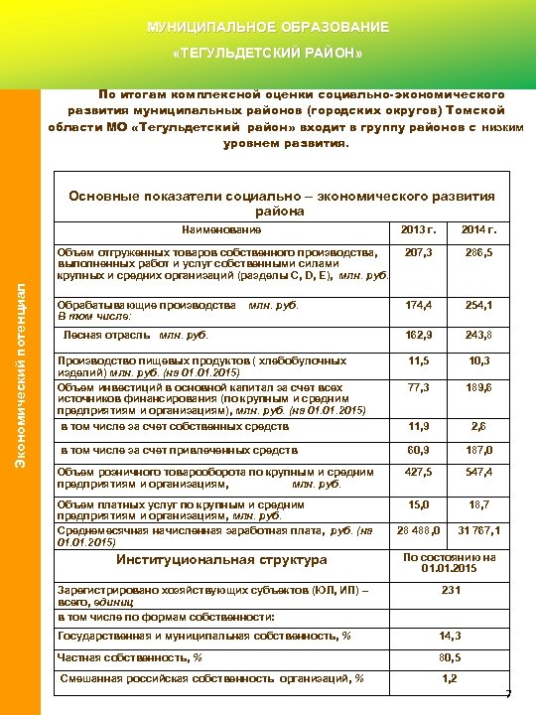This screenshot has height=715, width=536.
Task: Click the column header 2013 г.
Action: coord(418,231)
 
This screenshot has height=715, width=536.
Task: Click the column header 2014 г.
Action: coord(477,231)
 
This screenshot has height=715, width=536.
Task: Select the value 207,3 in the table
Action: coord(418,254)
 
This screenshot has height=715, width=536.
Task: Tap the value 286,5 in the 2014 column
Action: coord(477,254)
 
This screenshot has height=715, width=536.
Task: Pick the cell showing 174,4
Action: coord(418,307)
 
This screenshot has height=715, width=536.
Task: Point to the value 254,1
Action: coord(477,307)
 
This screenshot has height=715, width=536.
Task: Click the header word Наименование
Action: coord(221,231)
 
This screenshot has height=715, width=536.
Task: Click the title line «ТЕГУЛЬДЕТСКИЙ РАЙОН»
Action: coord(268,52)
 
